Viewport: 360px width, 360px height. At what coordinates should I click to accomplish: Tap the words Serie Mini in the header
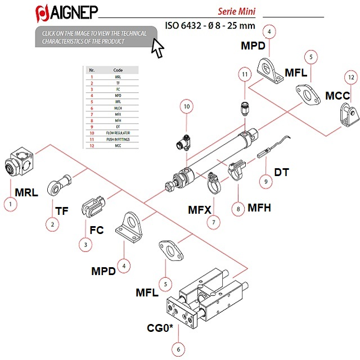click(237, 11)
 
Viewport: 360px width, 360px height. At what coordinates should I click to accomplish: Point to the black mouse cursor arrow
click(158, 49)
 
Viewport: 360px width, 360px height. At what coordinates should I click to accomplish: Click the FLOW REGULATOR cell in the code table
click(118, 133)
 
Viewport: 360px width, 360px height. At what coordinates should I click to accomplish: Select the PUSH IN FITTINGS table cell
click(118, 139)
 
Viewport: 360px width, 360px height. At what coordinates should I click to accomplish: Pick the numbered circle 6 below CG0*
click(178, 349)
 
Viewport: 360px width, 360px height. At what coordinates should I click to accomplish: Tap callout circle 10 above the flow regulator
click(187, 106)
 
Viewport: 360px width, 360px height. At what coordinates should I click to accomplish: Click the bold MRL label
click(26, 192)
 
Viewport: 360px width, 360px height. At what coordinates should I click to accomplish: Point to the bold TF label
click(62, 211)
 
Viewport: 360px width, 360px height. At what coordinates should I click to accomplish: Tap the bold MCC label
click(337, 96)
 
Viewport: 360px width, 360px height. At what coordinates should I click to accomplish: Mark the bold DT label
click(281, 172)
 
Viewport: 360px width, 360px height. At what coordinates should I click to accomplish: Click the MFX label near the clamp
click(200, 210)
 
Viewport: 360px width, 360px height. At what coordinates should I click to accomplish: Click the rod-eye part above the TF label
click(58, 184)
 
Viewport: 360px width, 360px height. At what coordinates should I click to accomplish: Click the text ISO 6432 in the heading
click(184, 25)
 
